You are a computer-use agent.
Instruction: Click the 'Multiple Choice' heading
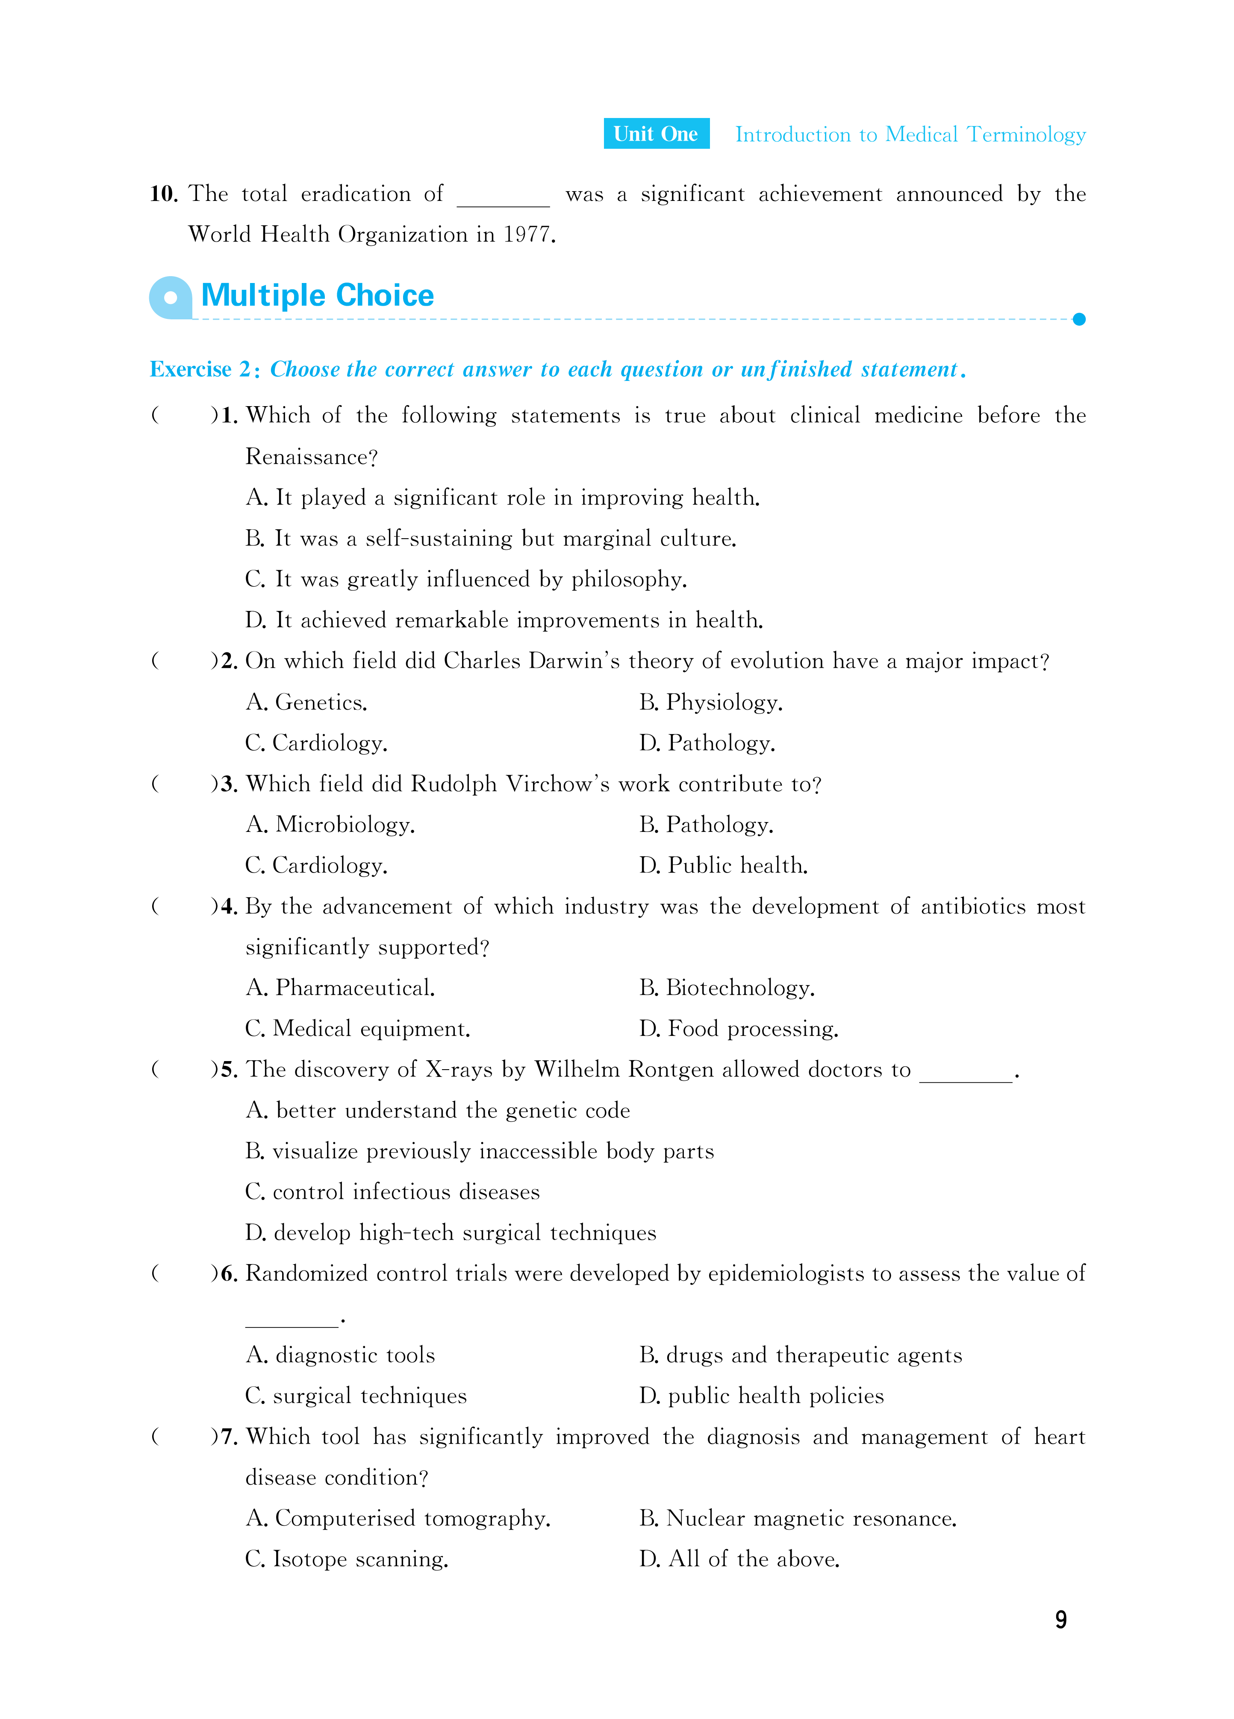pos(318,295)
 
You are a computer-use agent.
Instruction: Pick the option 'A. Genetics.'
pos(307,703)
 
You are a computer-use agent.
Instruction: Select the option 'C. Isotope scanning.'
pos(347,1559)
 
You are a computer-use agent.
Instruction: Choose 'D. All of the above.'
pos(739,1559)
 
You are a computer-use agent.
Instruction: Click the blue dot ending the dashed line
pos(1079,319)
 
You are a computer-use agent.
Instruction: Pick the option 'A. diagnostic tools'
pos(340,1355)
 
